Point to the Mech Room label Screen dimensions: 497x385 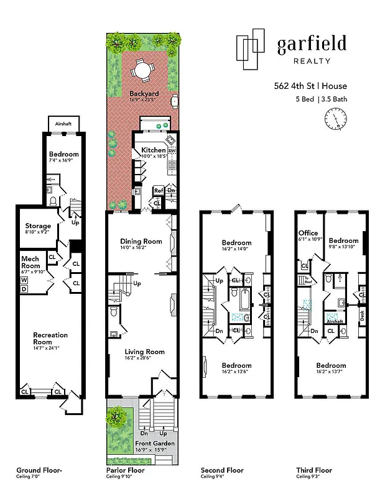tap(30, 262)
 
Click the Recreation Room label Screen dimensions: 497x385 tap(50, 339)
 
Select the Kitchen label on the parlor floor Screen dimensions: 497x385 tap(153, 150)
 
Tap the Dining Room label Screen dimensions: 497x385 tap(141, 241)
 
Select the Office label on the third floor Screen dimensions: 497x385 tap(308, 233)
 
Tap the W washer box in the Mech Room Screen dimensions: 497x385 tap(24, 280)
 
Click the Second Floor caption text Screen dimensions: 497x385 tap(222, 470)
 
